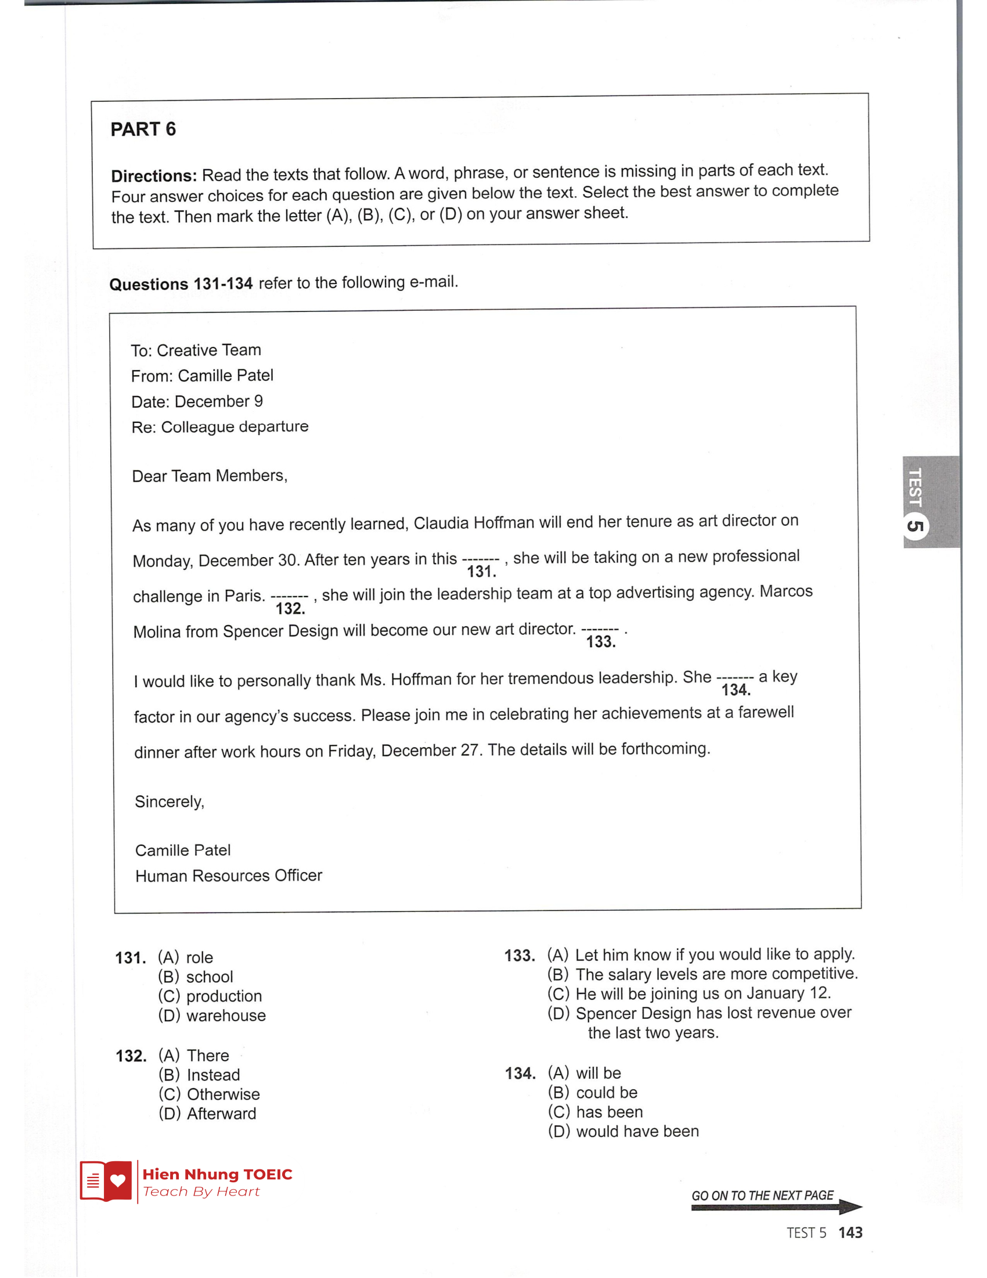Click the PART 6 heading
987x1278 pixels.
[x=143, y=130]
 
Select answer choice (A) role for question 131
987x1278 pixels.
[x=185, y=957]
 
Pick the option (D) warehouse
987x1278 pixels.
[x=212, y=1015]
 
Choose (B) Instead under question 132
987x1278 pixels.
[x=199, y=1075]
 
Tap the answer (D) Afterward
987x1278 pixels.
[x=208, y=1114]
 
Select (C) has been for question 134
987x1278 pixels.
[x=595, y=1112]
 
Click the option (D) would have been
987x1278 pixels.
[x=624, y=1131]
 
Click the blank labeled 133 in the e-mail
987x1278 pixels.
[x=600, y=631]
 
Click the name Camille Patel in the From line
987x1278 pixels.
[x=226, y=376]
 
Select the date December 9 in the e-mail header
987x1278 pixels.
[x=219, y=401]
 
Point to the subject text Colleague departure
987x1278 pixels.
[x=235, y=426]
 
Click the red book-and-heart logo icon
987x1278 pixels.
[x=106, y=1181]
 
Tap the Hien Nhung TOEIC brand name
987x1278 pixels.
[x=217, y=1175]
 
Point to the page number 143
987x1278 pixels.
[x=850, y=1233]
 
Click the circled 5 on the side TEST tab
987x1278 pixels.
[x=916, y=526]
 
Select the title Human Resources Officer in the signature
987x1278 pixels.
[x=229, y=876]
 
